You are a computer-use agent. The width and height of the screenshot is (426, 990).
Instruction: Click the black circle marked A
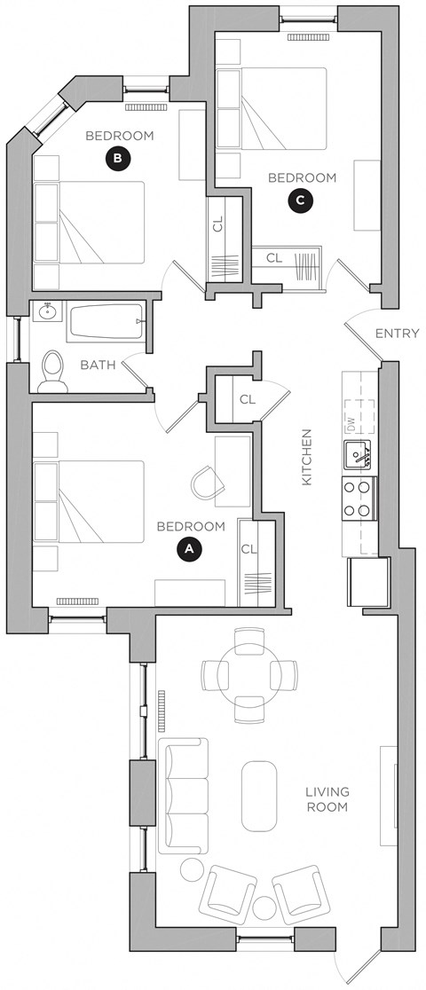click(x=187, y=549)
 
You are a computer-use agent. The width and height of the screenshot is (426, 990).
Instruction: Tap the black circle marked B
click(x=117, y=159)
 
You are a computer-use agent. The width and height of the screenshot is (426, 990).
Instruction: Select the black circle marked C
click(x=301, y=201)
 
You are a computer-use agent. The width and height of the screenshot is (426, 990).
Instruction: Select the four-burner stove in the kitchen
click(x=359, y=499)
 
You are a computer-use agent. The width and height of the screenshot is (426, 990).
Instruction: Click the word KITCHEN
click(x=307, y=457)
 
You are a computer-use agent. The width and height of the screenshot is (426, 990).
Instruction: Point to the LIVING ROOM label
click(x=327, y=799)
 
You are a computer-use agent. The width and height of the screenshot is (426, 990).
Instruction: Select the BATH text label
click(x=97, y=365)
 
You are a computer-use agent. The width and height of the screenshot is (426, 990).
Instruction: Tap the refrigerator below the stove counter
click(x=365, y=582)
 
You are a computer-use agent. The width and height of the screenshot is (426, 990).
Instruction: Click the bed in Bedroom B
click(x=90, y=223)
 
